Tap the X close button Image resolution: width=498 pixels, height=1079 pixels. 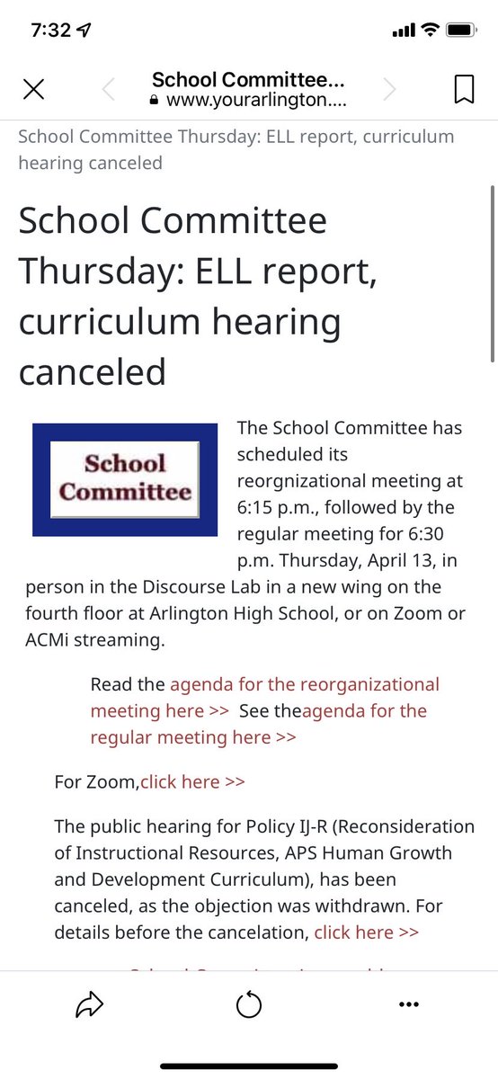point(33,89)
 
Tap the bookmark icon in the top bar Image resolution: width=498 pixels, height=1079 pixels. point(464,89)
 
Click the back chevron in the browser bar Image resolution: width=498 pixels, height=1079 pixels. point(109,89)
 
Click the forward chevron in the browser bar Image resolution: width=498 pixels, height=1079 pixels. point(389,89)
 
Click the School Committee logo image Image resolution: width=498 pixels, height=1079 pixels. point(125,479)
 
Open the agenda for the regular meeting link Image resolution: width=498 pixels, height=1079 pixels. point(364,711)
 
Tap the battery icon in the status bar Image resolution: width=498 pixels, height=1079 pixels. point(459,31)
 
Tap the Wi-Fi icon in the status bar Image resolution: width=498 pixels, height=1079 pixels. point(430,31)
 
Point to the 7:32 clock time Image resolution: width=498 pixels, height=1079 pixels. point(50,31)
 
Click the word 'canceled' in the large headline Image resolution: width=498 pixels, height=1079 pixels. point(93,370)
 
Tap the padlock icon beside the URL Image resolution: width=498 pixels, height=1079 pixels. point(154,102)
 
